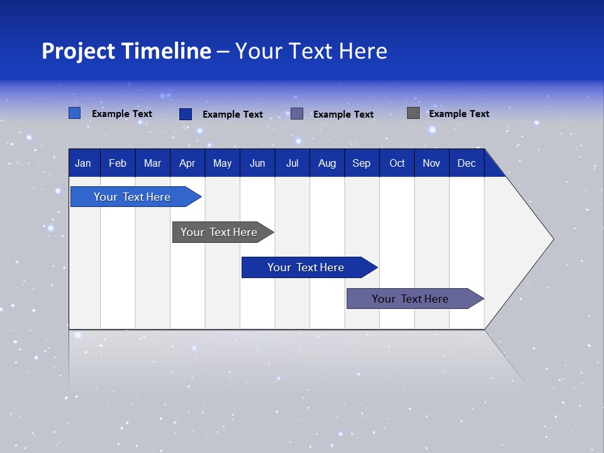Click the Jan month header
(83, 164)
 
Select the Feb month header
(118, 164)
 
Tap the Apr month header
(187, 164)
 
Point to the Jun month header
(257, 164)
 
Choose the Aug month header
(327, 164)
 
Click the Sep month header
(361, 164)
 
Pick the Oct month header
(397, 164)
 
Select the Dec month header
(466, 164)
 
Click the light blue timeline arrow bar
(132, 197)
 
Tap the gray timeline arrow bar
(219, 232)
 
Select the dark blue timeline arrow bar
(306, 267)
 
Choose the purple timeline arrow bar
(410, 299)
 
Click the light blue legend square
(74, 113)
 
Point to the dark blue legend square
(185, 114)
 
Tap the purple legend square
(297, 114)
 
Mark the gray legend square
(413, 113)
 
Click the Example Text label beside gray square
(459, 114)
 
